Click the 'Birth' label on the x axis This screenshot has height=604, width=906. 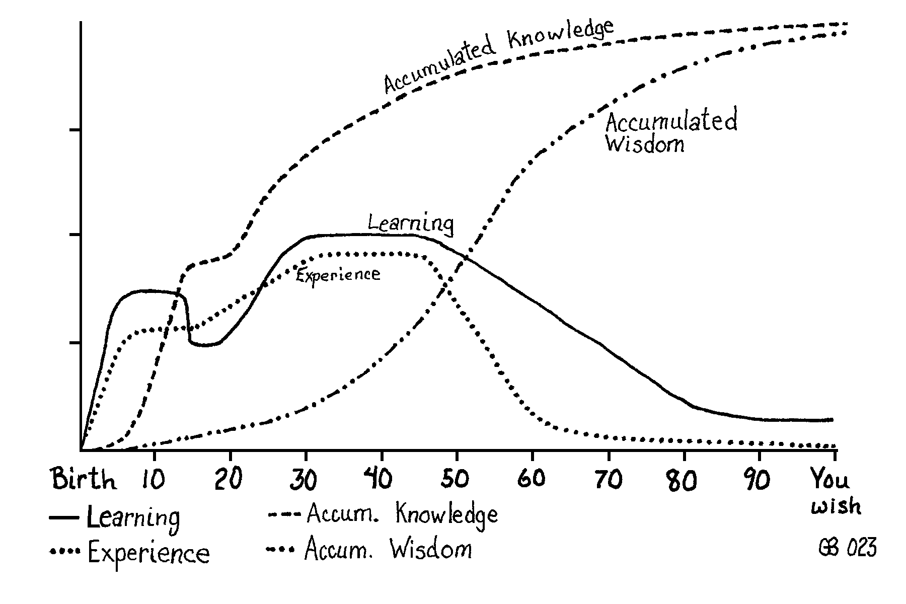(84, 479)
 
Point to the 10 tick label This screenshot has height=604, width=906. (153, 480)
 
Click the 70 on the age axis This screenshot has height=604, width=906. (608, 480)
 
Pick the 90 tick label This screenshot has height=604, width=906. (758, 480)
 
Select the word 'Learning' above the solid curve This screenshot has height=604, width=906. (410, 223)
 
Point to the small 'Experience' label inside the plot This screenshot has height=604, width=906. (337, 275)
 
